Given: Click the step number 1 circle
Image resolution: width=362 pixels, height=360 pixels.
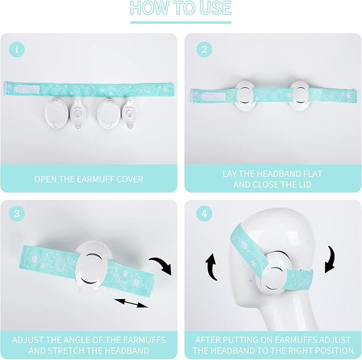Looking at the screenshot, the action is click(17, 50).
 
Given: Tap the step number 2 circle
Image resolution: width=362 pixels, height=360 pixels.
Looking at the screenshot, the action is click(204, 50).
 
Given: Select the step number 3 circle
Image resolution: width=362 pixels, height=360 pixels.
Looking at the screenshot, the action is click(17, 213).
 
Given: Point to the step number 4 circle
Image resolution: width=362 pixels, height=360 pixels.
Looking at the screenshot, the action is click(204, 213).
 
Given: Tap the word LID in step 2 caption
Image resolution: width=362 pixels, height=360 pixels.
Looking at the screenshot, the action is click(304, 185).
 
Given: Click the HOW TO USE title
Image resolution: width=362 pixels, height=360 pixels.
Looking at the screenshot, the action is click(181, 7).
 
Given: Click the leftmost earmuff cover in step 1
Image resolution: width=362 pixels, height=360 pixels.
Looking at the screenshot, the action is click(53, 112).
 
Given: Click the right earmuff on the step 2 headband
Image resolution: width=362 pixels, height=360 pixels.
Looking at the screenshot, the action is click(300, 95).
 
